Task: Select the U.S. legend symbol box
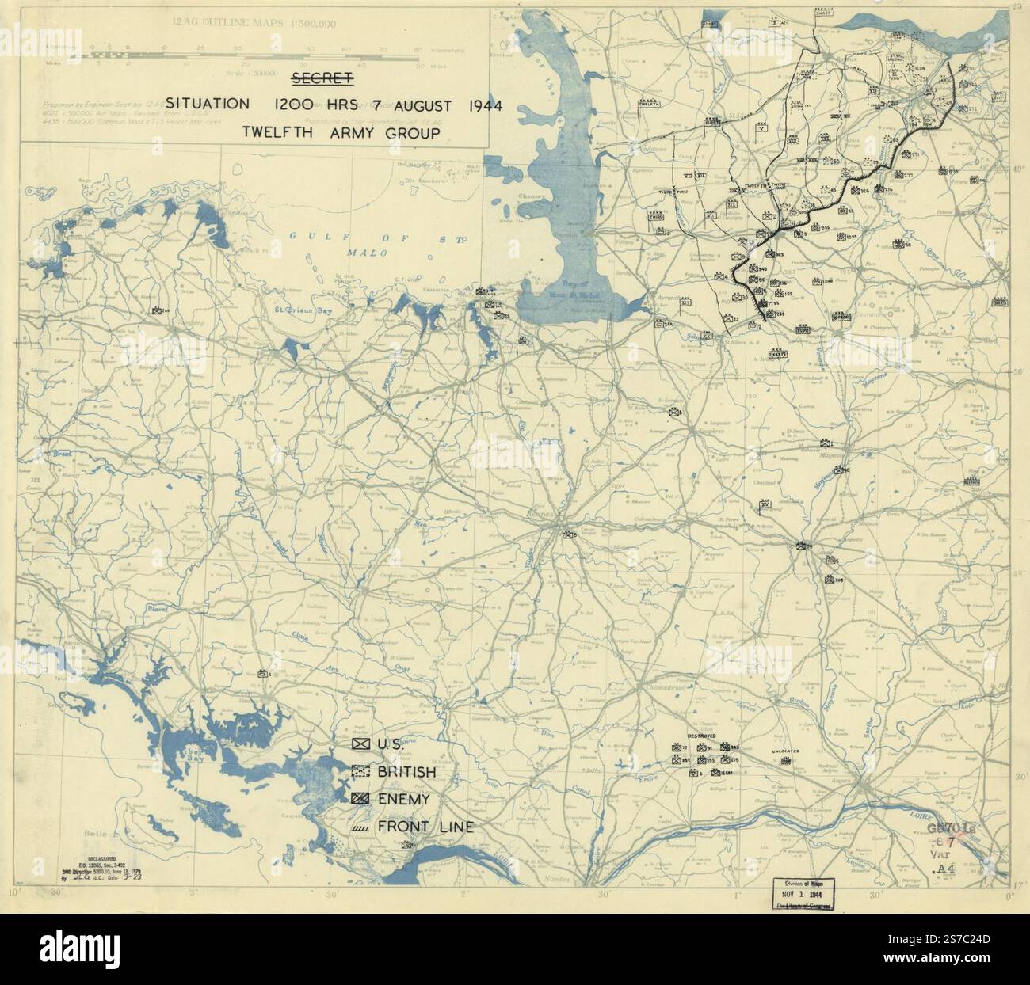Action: coord(361,744)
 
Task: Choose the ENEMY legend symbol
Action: coord(361,800)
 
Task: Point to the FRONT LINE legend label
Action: coord(425,827)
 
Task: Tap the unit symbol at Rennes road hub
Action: coord(568,535)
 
